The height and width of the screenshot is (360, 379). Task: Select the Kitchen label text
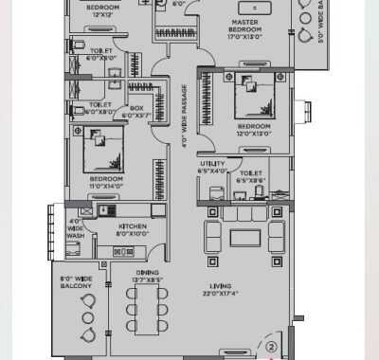[132, 230]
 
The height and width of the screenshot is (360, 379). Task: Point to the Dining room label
[147, 278]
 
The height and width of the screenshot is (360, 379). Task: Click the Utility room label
[212, 168]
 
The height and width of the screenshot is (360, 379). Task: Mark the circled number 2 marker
[271, 347]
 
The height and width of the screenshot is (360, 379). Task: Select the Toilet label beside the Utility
[251, 176]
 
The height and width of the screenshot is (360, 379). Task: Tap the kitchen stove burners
[123, 252]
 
